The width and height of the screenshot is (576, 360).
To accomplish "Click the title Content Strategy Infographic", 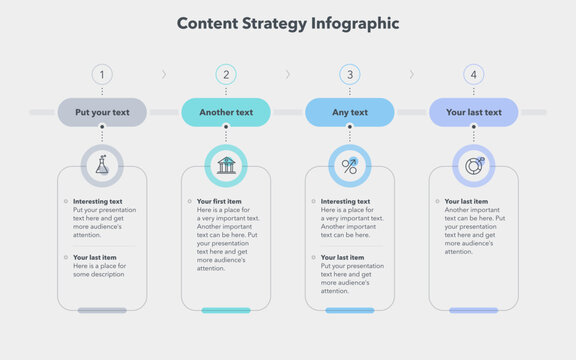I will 288,23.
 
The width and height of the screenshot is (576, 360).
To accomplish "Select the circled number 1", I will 102,74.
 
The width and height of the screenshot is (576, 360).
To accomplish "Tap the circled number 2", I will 226,74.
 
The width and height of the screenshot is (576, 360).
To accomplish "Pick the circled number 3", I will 350,74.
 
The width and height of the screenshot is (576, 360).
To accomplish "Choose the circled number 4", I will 474,74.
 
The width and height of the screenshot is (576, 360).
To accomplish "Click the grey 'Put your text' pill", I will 102,112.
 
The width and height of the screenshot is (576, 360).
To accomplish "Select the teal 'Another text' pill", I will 226,112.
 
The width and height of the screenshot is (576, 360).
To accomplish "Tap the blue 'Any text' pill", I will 350,112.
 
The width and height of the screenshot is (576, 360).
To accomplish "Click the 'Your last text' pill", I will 474,112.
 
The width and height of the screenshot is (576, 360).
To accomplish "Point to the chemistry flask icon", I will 102,165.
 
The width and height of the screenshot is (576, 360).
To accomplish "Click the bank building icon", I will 226,165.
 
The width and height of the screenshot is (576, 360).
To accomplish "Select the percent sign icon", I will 350,165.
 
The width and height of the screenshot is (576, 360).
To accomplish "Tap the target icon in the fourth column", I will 474,165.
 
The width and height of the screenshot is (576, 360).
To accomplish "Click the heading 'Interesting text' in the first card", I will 98,202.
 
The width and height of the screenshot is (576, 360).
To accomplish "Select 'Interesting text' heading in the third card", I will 345,202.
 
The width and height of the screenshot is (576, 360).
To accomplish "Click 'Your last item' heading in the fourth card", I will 468,202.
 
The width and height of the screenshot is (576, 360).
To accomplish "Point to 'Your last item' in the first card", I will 96,258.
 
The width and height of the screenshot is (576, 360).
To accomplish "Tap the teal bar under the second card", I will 226,310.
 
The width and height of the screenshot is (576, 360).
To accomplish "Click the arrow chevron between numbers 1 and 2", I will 164,74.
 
